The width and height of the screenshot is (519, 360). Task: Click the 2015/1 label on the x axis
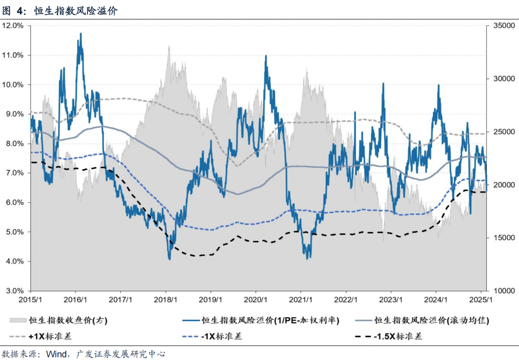31,299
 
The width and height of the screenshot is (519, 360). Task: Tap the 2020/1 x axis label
256,299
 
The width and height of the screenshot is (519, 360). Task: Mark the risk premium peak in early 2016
80,34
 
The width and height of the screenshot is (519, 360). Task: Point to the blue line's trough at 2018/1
169,259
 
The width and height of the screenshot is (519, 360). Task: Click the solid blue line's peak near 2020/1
266,56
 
